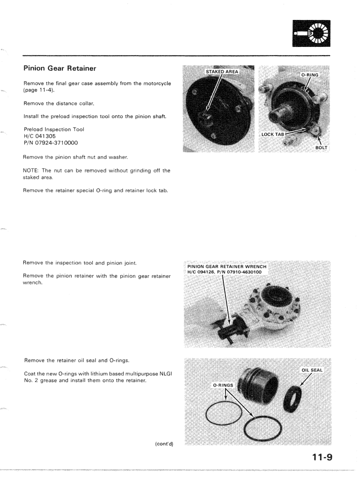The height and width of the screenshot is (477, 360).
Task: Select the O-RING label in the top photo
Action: coord(310,75)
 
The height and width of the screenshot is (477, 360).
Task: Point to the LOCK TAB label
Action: coord(273,135)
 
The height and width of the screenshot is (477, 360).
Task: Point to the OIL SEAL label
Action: coord(313,370)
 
